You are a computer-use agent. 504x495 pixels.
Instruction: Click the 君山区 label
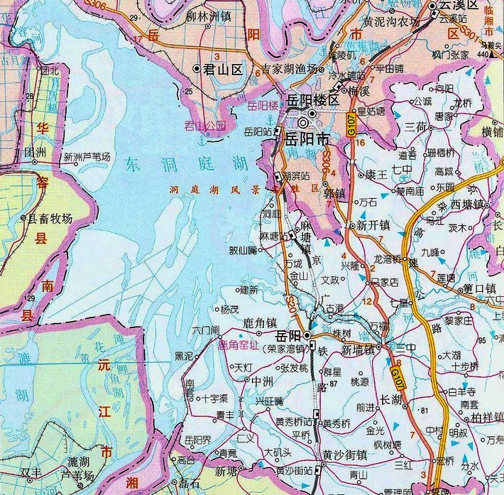224,69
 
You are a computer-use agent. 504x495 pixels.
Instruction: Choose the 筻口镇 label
478,288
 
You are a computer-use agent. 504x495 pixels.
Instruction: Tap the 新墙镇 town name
358,350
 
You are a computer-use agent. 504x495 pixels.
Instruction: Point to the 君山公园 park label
204,126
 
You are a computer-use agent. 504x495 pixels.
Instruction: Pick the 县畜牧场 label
50,219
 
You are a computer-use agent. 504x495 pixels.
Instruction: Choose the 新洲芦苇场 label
87,157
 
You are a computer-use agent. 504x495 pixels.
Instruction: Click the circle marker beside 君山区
197,69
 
